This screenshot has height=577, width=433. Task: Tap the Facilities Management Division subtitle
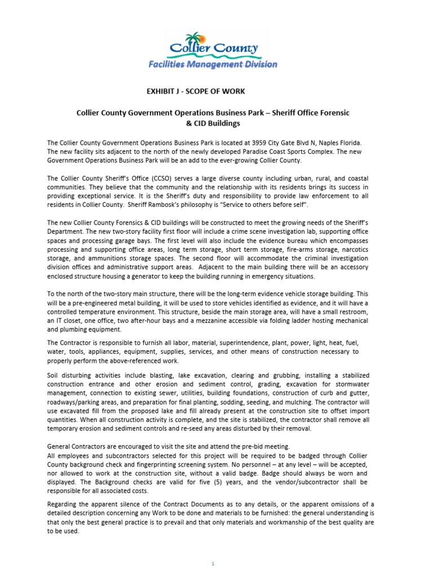[x=213, y=64]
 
